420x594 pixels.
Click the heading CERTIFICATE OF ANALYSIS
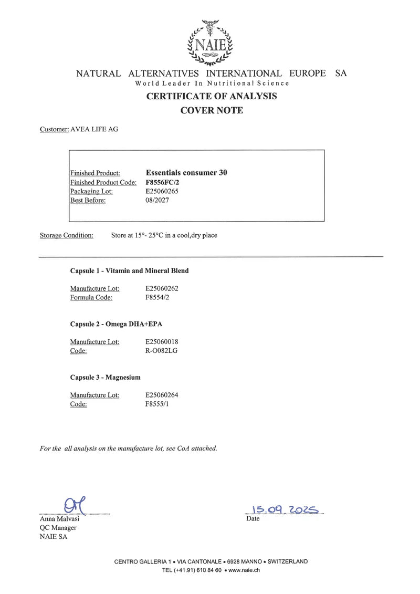212,96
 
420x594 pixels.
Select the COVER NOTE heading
212,110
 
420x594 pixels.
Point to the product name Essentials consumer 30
186,172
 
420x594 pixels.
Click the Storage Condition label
67,235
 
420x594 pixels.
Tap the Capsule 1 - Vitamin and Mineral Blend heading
129,270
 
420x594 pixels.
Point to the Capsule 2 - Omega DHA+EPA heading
120,324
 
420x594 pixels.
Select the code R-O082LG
162,350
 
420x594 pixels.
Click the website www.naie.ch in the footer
245,570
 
